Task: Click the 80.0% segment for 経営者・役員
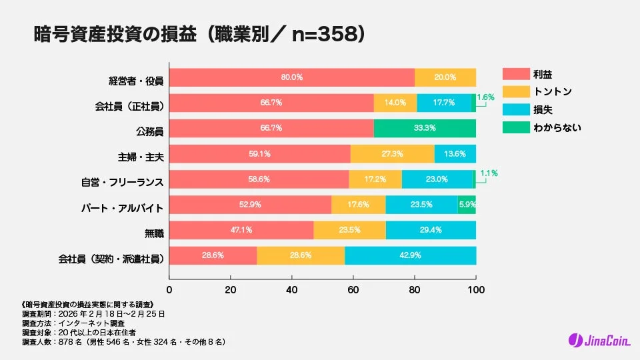(x=291, y=77)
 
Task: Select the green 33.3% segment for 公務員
(x=425, y=128)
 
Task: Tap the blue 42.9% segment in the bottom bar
(x=410, y=255)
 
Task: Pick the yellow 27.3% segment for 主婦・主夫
(x=392, y=153)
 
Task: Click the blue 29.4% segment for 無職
(x=431, y=230)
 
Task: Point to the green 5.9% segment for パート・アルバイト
(x=467, y=205)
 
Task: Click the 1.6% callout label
(x=486, y=97)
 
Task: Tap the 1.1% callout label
(x=489, y=173)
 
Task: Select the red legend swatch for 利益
(x=514, y=74)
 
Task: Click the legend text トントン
(x=552, y=91)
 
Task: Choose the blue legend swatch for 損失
(x=514, y=109)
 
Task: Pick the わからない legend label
(x=557, y=126)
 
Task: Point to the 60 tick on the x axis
(x=353, y=290)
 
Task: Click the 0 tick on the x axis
(x=169, y=290)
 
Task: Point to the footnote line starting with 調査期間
(x=93, y=313)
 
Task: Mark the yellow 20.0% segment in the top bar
(x=445, y=77)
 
